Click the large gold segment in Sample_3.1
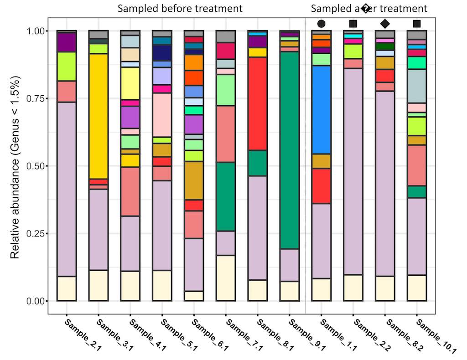[x=99, y=116]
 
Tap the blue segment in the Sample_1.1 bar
[x=321, y=109]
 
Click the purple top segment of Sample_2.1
[x=67, y=42]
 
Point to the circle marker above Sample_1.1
[x=321, y=24]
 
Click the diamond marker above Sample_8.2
[x=385, y=24]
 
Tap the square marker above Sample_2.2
[x=353, y=24]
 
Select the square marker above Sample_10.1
[x=416, y=24]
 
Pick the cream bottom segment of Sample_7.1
[x=225, y=278]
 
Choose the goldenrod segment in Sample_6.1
[x=193, y=180]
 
